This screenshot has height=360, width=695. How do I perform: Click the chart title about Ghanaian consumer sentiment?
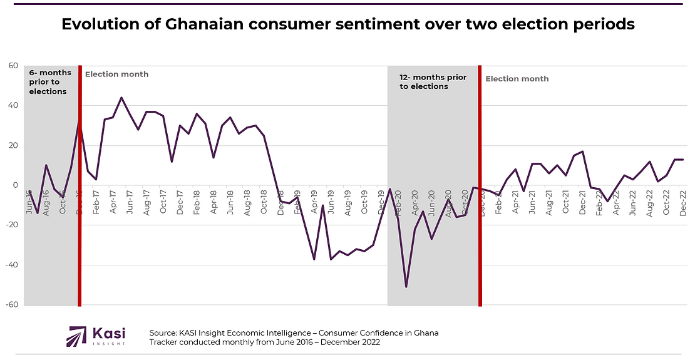[x=347, y=24]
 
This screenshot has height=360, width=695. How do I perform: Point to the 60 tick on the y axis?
[x=12, y=66]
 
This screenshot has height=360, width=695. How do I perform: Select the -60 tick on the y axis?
[x=11, y=306]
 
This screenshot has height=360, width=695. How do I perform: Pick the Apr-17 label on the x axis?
[x=113, y=202]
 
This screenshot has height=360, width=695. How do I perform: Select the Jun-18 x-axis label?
[x=230, y=202]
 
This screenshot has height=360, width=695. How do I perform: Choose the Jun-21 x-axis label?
[x=532, y=202]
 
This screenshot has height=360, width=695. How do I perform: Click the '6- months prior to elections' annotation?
[x=50, y=82]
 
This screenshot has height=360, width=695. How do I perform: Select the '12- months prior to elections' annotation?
[x=433, y=82]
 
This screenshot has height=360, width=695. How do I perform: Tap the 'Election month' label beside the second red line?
[x=517, y=79]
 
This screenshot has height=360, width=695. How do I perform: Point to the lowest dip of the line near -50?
[x=406, y=287]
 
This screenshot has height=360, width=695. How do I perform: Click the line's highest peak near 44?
[x=121, y=98]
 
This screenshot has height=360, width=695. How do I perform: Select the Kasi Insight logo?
[x=96, y=336]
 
